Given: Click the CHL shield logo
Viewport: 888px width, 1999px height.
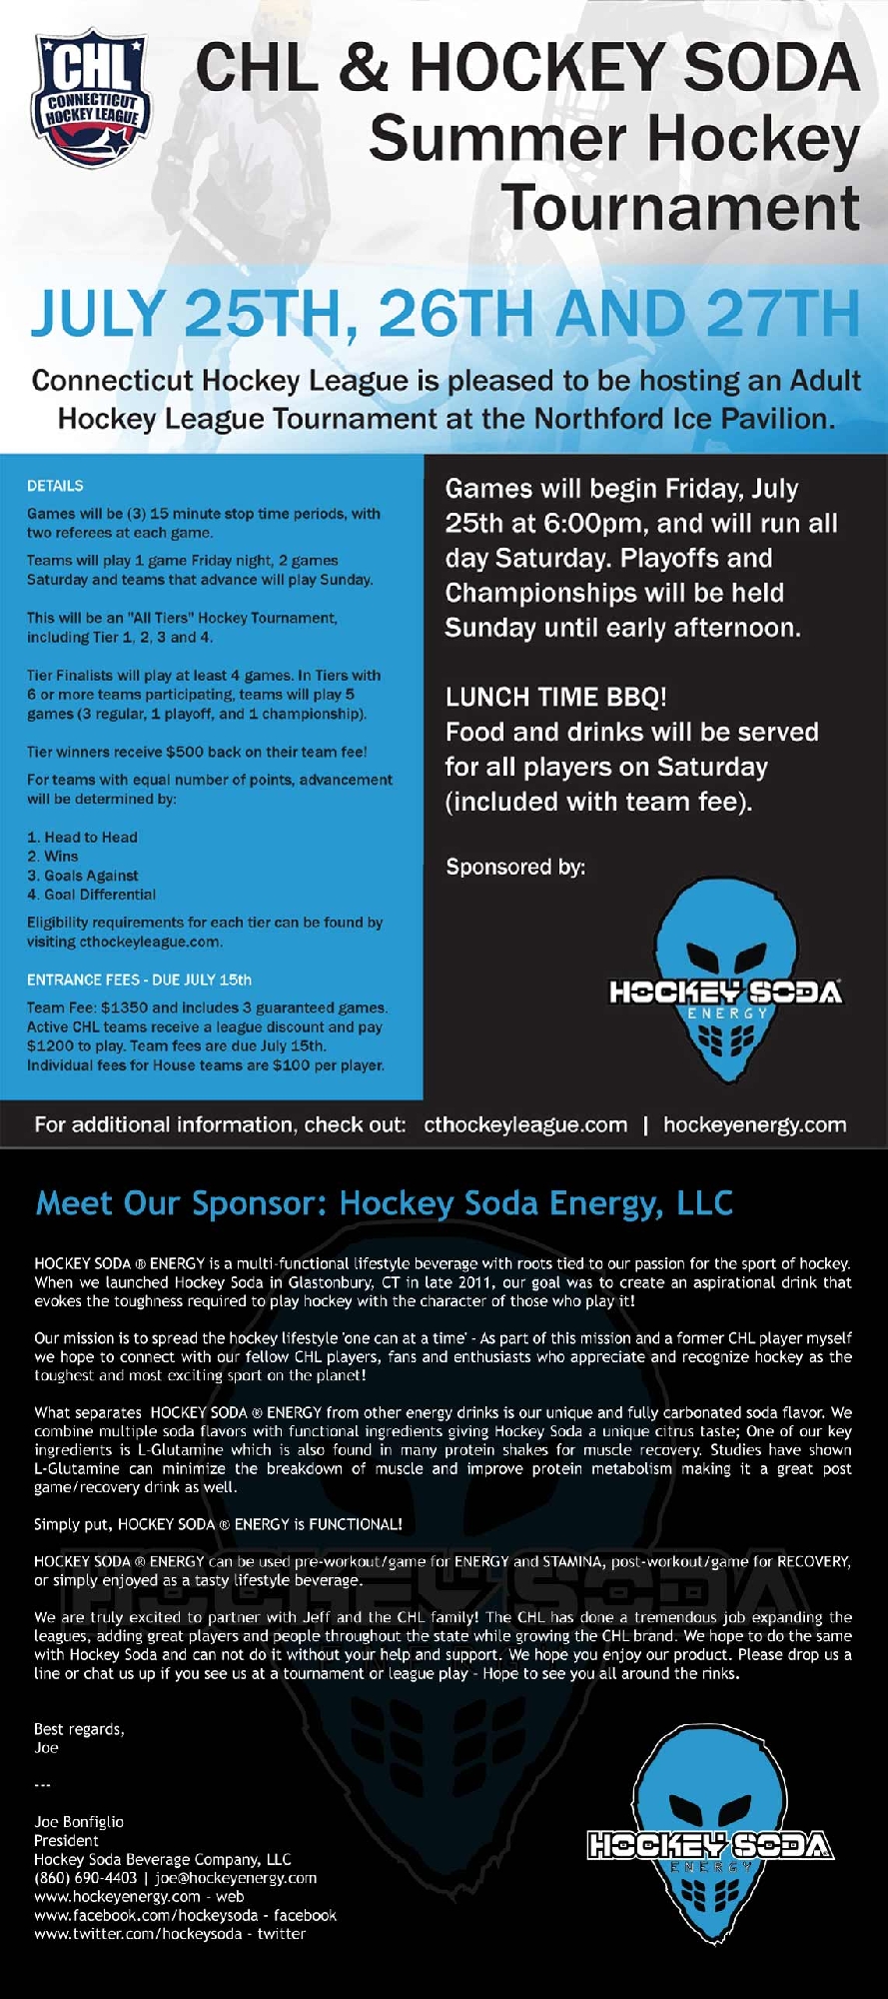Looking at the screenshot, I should (91, 100).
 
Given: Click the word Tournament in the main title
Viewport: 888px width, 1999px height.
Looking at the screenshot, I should (679, 208).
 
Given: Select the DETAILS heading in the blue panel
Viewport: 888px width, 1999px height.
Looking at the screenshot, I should (55, 486).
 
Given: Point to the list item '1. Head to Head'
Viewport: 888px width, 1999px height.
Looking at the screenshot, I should (82, 837).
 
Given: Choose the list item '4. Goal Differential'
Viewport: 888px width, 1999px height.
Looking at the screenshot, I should (91, 895).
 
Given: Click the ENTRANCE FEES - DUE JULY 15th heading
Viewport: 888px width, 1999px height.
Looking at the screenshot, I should (139, 980).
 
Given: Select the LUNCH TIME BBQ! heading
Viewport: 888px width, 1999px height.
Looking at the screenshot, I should (556, 697).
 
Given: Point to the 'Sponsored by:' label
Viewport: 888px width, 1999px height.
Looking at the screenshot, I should (515, 867).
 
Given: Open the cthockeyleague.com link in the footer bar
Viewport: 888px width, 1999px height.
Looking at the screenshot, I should (525, 1124).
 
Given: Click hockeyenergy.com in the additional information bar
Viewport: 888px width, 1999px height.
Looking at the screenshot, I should (754, 1124).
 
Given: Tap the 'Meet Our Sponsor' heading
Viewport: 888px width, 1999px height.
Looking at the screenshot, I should (385, 1203).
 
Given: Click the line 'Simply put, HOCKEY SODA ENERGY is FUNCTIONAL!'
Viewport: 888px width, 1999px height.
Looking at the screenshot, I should (218, 1524).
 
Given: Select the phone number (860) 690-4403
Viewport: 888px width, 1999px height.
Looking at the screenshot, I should (85, 1878).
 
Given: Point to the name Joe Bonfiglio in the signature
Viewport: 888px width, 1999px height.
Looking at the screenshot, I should (79, 1822).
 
